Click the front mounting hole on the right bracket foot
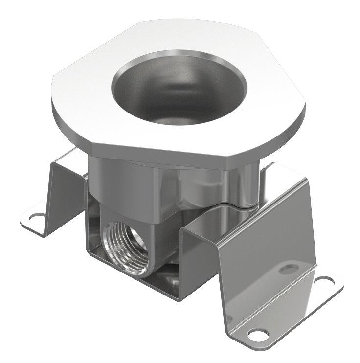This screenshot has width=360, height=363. pyautogui.click(x=258, y=334)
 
